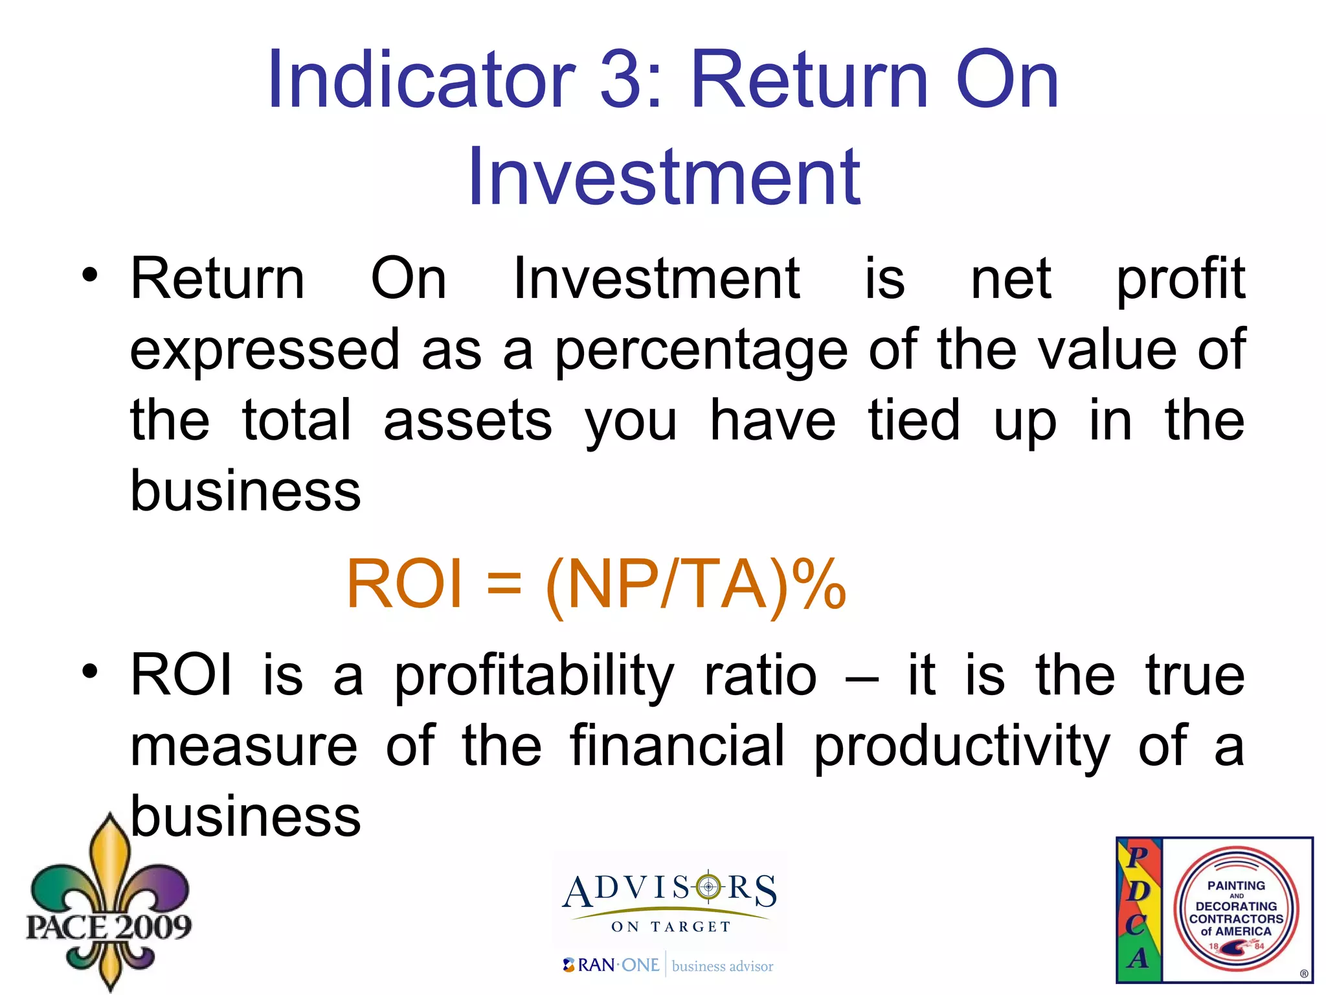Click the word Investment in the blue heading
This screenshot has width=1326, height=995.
pyautogui.click(x=664, y=177)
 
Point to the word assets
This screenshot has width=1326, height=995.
pyautogui.click(x=467, y=420)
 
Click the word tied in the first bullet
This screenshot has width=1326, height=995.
pyautogui.click(x=914, y=420)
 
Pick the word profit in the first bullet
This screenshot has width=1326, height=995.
pyautogui.click(x=1180, y=280)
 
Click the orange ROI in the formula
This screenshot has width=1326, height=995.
pyautogui.click(x=405, y=584)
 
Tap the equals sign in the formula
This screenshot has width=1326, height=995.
pyautogui.click(x=504, y=584)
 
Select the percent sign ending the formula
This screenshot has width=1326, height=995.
pyautogui.click(x=818, y=584)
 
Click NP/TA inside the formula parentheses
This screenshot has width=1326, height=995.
pyautogui.click(x=667, y=584)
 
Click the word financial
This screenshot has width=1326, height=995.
pyautogui.click(x=677, y=746)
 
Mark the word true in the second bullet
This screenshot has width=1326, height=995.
pyautogui.click(x=1195, y=676)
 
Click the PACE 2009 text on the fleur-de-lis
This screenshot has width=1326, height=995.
pyautogui.click(x=109, y=926)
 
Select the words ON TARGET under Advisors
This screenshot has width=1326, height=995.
pyautogui.click(x=671, y=927)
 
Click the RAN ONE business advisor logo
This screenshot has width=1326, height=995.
pyautogui.click(x=668, y=966)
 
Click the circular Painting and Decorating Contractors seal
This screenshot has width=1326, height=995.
pyautogui.click(x=1236, y=910)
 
